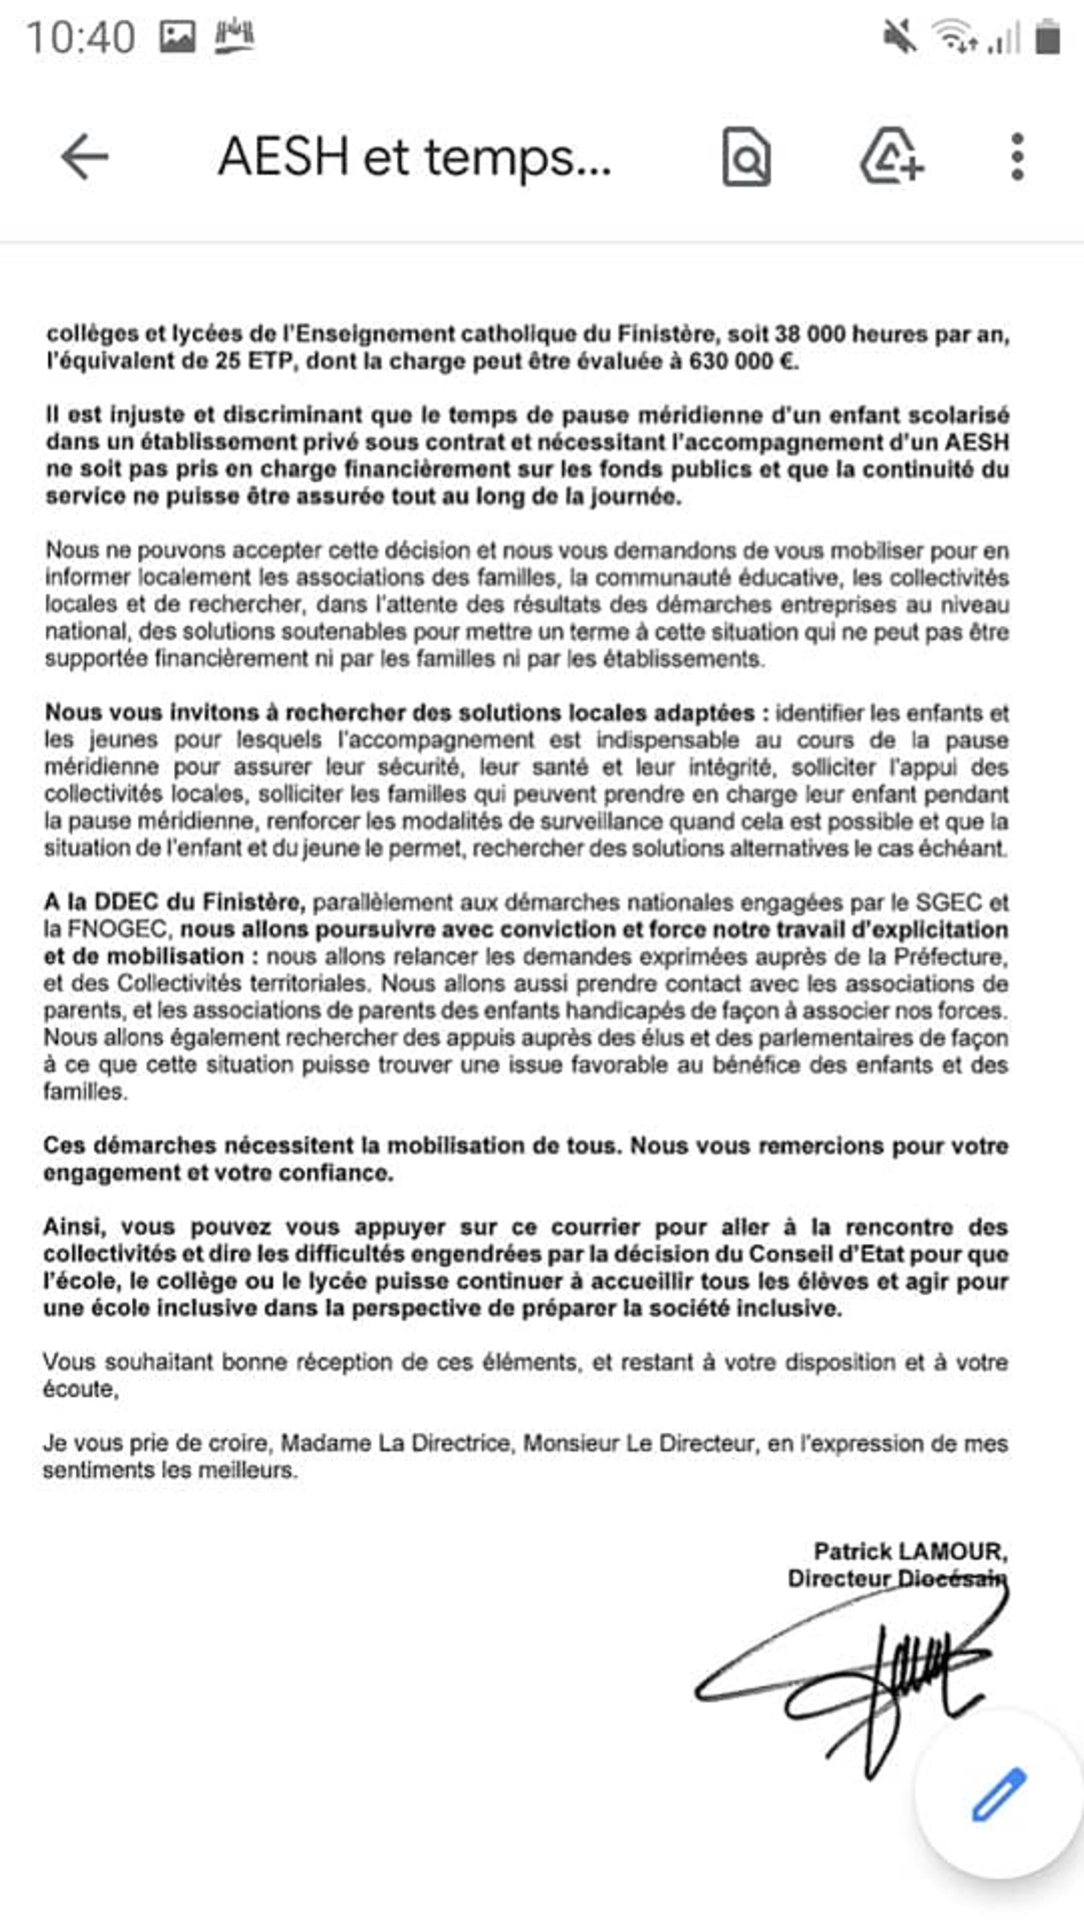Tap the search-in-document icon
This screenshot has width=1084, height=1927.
coord(746,157)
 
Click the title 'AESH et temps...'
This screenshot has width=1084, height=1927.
coord(414,157)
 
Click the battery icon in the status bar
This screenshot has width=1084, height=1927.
coord(1048,36)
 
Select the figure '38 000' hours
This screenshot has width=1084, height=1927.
coord(809,335)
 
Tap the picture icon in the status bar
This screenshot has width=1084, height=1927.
coord(177,36)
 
